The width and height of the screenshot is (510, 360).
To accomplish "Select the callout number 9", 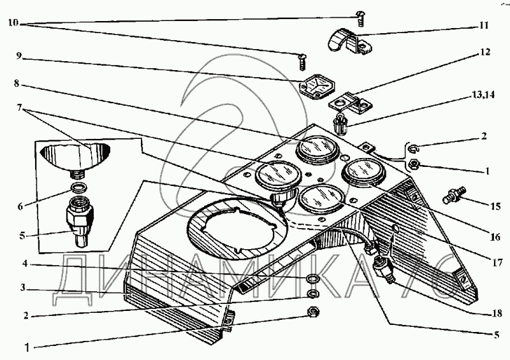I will coord(20,55).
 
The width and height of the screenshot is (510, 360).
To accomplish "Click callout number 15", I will coord(495,206).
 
